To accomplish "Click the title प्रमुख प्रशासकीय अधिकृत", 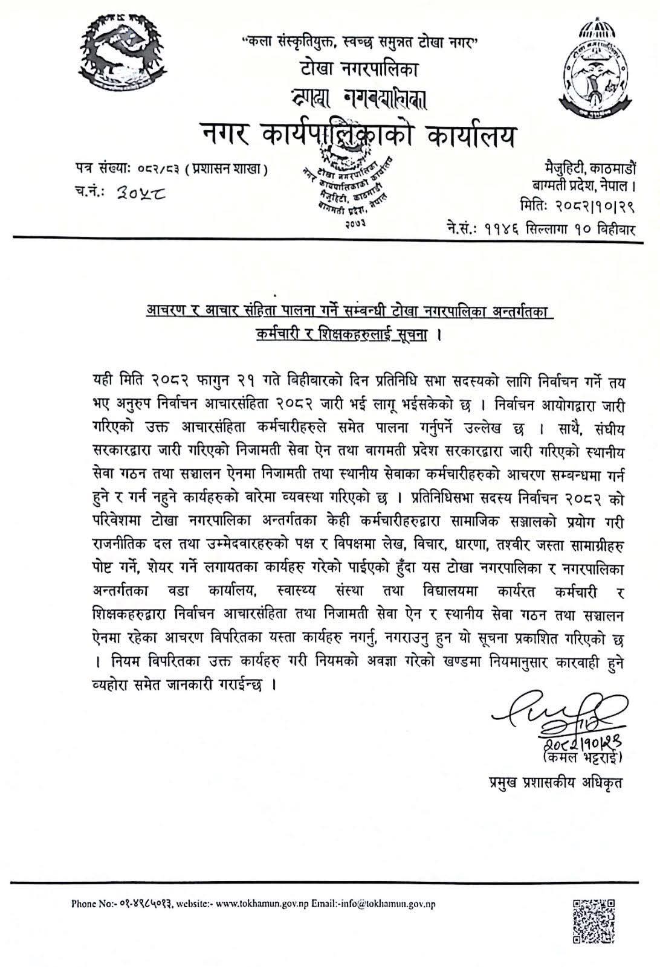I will (x=555, y=783).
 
